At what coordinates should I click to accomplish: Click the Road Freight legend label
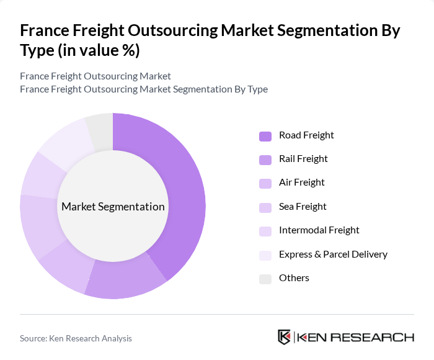306,135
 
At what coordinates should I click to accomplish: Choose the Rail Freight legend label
303,158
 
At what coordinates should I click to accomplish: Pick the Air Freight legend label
302,182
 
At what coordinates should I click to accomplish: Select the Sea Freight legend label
303,206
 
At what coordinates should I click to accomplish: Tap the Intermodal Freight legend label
319,230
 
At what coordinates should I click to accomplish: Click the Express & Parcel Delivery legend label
333,254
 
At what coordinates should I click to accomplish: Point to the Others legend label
294,277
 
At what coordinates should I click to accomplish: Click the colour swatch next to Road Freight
265,136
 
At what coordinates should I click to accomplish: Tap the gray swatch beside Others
265,279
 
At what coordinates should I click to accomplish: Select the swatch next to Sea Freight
265,207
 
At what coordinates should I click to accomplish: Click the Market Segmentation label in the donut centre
113,207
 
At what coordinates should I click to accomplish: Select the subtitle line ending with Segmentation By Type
144,89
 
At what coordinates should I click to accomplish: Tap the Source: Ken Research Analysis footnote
76,338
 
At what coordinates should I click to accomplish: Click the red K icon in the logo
284,337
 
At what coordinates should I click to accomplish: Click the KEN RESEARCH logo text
356,338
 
